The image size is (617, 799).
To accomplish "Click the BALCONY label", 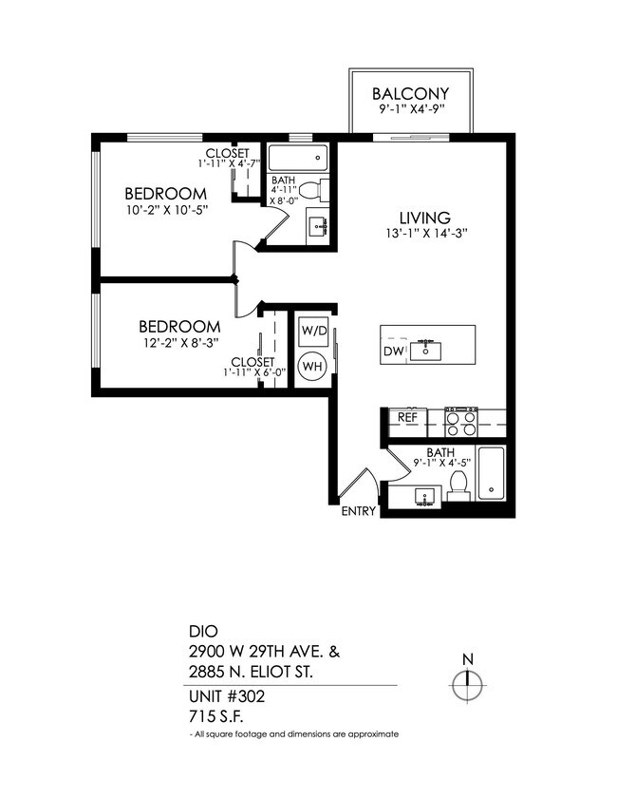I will pyautogui.click(x=410, y=94).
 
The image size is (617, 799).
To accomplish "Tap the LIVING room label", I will pyautogui.click(x=424, y=218).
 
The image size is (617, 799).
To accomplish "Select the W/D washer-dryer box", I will pyautogui.click(x=313, y=332).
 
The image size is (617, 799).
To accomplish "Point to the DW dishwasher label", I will pyautogui.click(x=394, y=352).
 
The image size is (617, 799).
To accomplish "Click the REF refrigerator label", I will pyautogui.click(x=408, y=416).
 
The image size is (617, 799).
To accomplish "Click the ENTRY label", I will pyautogui.click(x=359, y=512).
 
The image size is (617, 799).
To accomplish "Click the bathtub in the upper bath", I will pyautogui.click(x=297, y=157).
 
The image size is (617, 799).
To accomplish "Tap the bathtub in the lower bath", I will pyautogui.click(x=491, y=472).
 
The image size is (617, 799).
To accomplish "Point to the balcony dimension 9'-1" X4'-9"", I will pyautogui.click(x=410, y=111).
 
